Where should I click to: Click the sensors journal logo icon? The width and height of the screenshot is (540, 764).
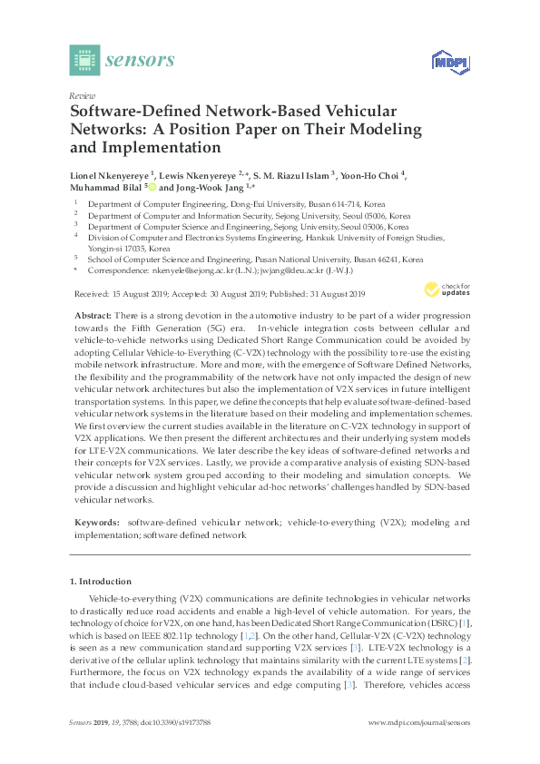coord(84,60)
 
